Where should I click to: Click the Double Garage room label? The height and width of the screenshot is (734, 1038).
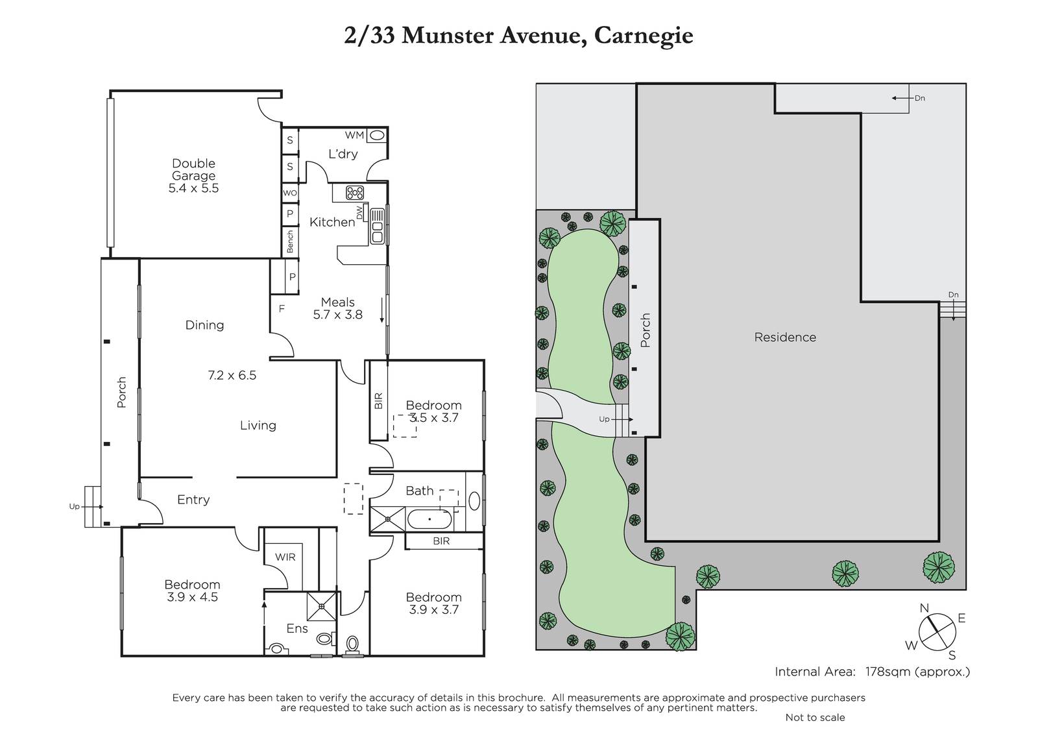[194, 169]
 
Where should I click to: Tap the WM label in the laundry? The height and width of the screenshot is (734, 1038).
[354, 135]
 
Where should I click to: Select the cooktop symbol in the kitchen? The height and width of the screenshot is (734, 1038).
[355, 193]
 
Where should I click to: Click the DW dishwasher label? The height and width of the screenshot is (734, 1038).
[359, 213]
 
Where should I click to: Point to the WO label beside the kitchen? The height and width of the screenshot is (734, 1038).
[290, 193]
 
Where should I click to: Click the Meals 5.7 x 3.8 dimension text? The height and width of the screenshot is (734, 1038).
[338, 308]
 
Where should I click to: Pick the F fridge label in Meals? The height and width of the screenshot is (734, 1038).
[282, 309]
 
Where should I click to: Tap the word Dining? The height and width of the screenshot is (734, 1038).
[204, 325]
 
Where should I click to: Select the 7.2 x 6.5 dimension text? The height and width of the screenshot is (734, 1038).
[232, 375]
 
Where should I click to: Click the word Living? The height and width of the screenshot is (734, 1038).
[258, 425]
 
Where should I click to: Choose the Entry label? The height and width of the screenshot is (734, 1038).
[193, 499]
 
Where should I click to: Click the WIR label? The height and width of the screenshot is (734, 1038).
[285, 557]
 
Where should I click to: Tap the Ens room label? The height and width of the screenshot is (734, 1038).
[297, 628]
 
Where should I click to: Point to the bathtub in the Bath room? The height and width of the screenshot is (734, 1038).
[429, 519]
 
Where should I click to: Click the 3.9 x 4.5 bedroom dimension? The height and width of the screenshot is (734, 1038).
[192, 597]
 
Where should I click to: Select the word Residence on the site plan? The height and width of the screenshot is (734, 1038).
[785, 337]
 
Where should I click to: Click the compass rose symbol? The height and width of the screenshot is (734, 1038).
[937, 632]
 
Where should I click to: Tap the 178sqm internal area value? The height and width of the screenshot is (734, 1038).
[887, 672]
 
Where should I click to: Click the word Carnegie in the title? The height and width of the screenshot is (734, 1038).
[644, 36]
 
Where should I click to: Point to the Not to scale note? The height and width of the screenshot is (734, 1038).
[815, 717]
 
